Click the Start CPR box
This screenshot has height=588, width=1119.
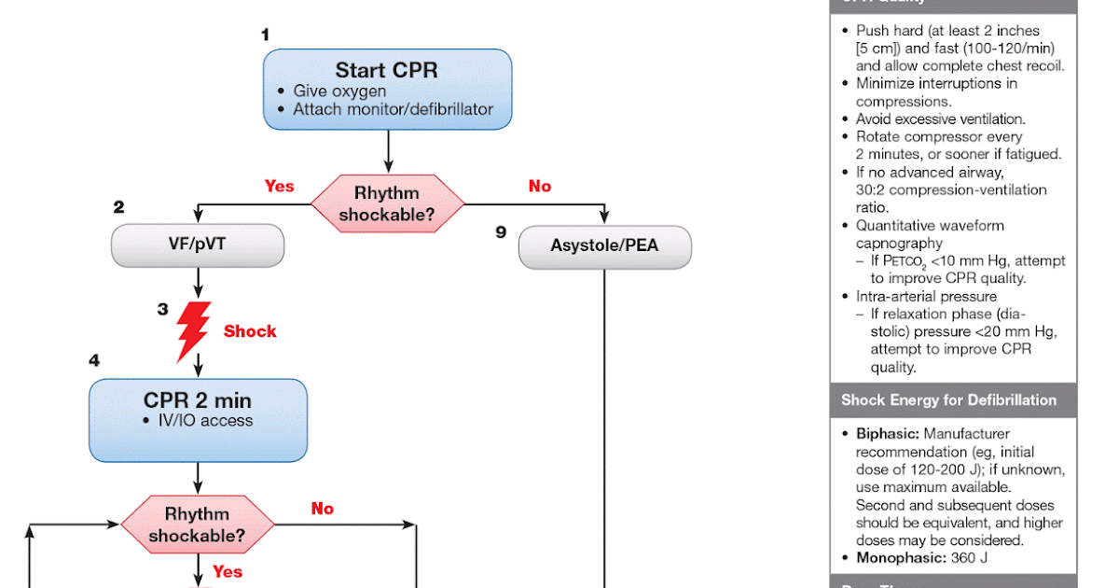click(x=387, y=89)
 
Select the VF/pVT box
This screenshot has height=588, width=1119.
click(x=197, y=246)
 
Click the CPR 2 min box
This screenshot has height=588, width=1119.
click(x=198, y=420)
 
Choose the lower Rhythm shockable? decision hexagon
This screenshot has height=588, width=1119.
click(x=198, y=525)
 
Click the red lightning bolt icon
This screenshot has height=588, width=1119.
click(x=193, y=330)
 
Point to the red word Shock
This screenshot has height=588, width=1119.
click(x=250, y=331)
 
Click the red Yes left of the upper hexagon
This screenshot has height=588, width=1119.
click(x=279, y=186)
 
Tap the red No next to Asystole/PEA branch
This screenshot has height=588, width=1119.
click(x=540, y=186)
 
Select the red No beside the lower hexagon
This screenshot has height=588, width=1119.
click(x=322, y=509)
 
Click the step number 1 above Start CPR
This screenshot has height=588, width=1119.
click(x=265, y=35)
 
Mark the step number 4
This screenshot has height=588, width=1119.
click(x=94, y=360)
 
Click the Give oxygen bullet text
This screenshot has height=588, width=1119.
click(x=339, y=91)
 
